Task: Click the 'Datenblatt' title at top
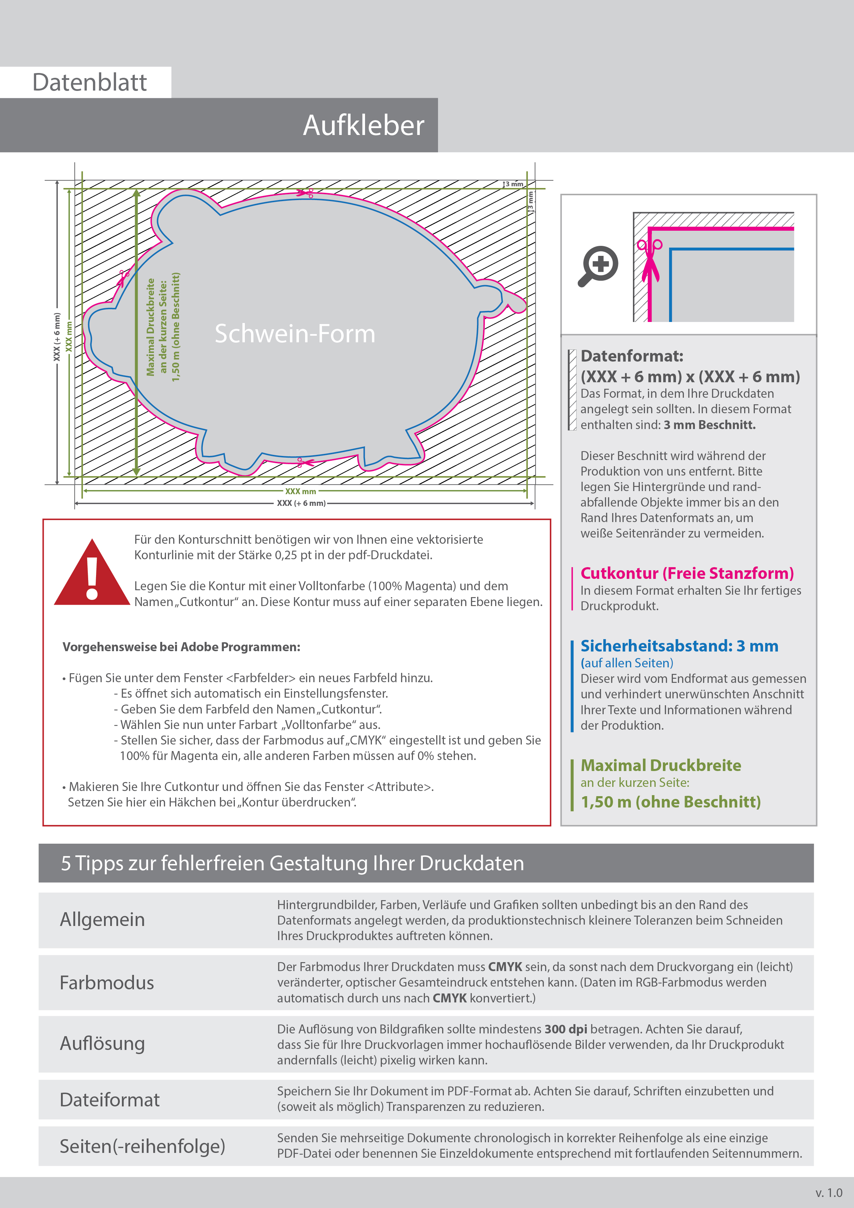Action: (x=90, y=83)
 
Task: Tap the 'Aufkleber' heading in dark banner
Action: (x=363, y=126)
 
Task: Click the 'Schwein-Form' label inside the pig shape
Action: (x=295, y=334)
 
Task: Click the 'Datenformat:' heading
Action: (x=632, y=356)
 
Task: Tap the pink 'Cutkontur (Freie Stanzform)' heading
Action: (x=687, y=573)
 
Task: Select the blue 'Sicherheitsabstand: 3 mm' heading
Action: (x=679, y=646)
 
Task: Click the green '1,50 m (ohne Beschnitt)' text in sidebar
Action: (x=670, y=802)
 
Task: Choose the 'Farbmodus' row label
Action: (x=107, y=982)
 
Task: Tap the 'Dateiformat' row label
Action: (x=110, y=1100)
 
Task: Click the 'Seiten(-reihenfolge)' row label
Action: (x=142, y=1146)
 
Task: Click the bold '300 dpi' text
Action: (x=566, y=1029)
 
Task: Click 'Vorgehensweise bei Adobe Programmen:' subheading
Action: (x=181, y=647)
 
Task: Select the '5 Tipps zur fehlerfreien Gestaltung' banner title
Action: (x=292, y=863)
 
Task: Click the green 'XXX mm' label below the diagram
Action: (x=301, y=491)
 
